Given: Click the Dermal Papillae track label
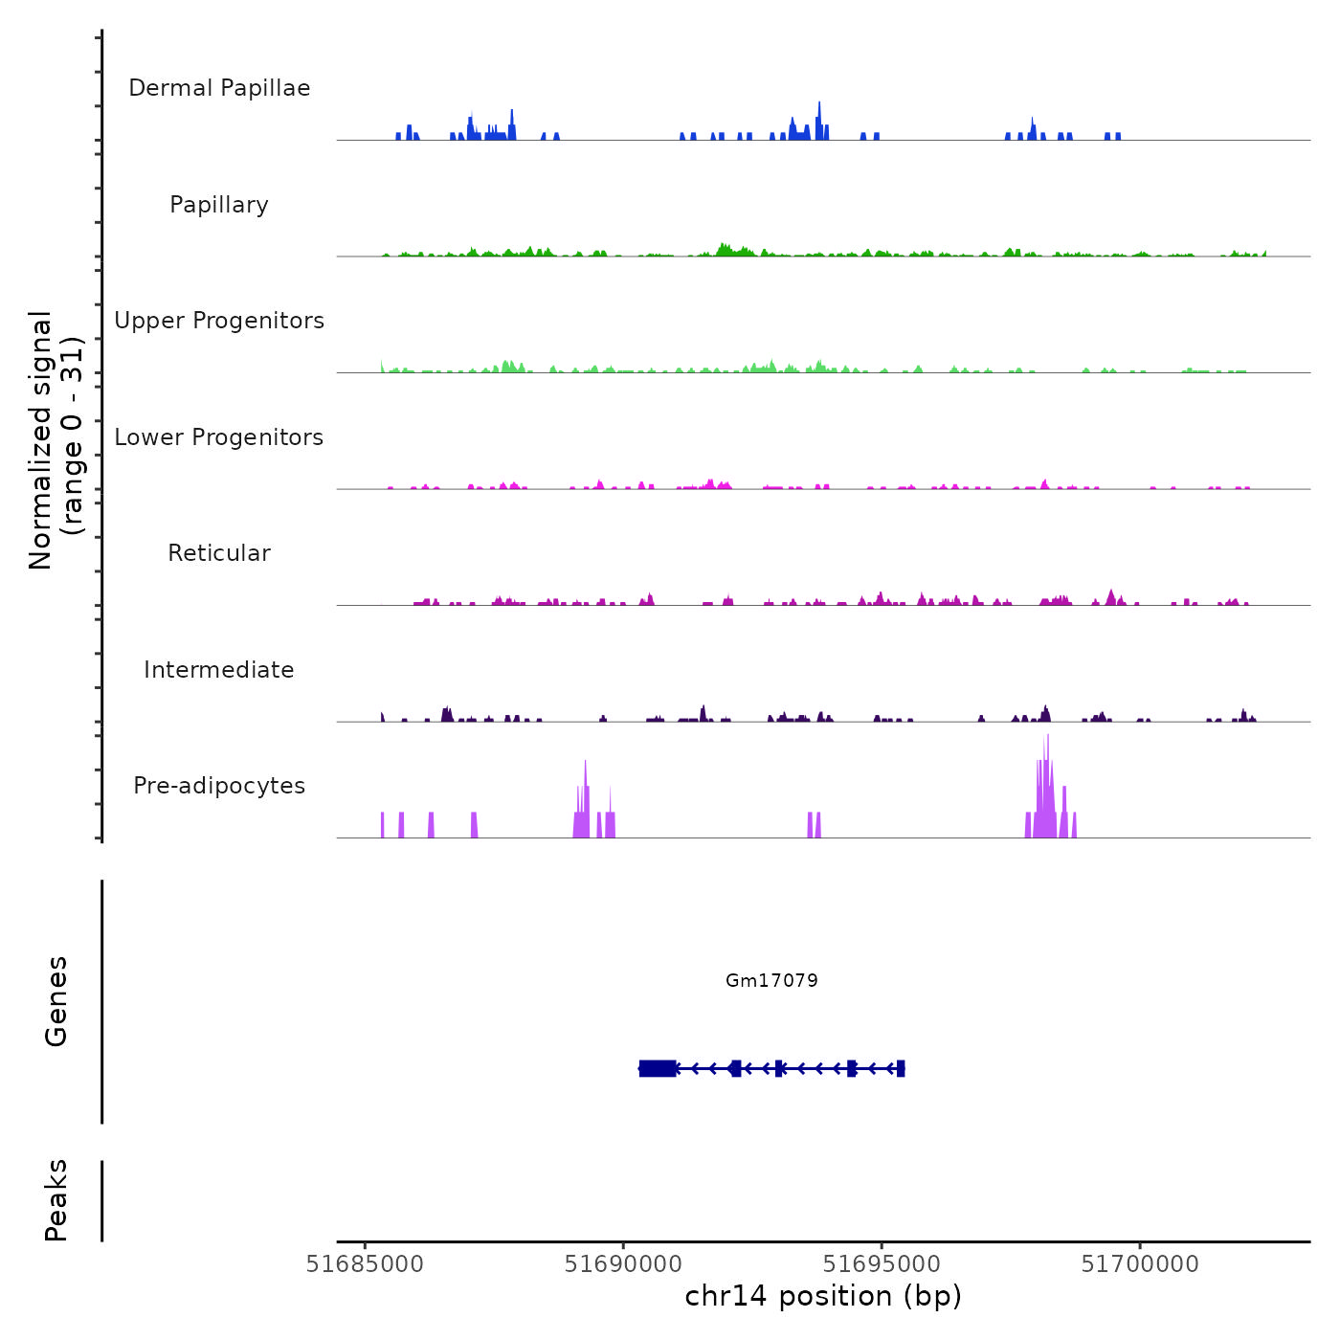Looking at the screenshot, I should point(219,88).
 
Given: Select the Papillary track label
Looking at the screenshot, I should point(219,205).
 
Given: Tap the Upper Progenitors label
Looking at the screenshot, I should point(219,321).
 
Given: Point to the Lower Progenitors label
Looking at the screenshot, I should point(219,437).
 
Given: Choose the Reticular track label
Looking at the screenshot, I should point(219,553).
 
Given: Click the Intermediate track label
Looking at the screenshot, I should point(219,670).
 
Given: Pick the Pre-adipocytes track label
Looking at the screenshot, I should point(219,786).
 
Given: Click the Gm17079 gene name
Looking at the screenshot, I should point(771,980).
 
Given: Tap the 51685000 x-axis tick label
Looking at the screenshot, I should point(365,1264).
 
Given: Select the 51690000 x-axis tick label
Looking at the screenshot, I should point(623,1264).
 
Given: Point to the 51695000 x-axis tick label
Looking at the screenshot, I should point(882,1264).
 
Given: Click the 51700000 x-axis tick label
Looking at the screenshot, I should point(1140,1264).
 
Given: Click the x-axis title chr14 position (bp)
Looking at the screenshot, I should point(823,1296).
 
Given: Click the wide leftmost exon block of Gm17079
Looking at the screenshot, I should point(658,1068).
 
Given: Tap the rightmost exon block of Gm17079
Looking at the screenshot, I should point(901,1068).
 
